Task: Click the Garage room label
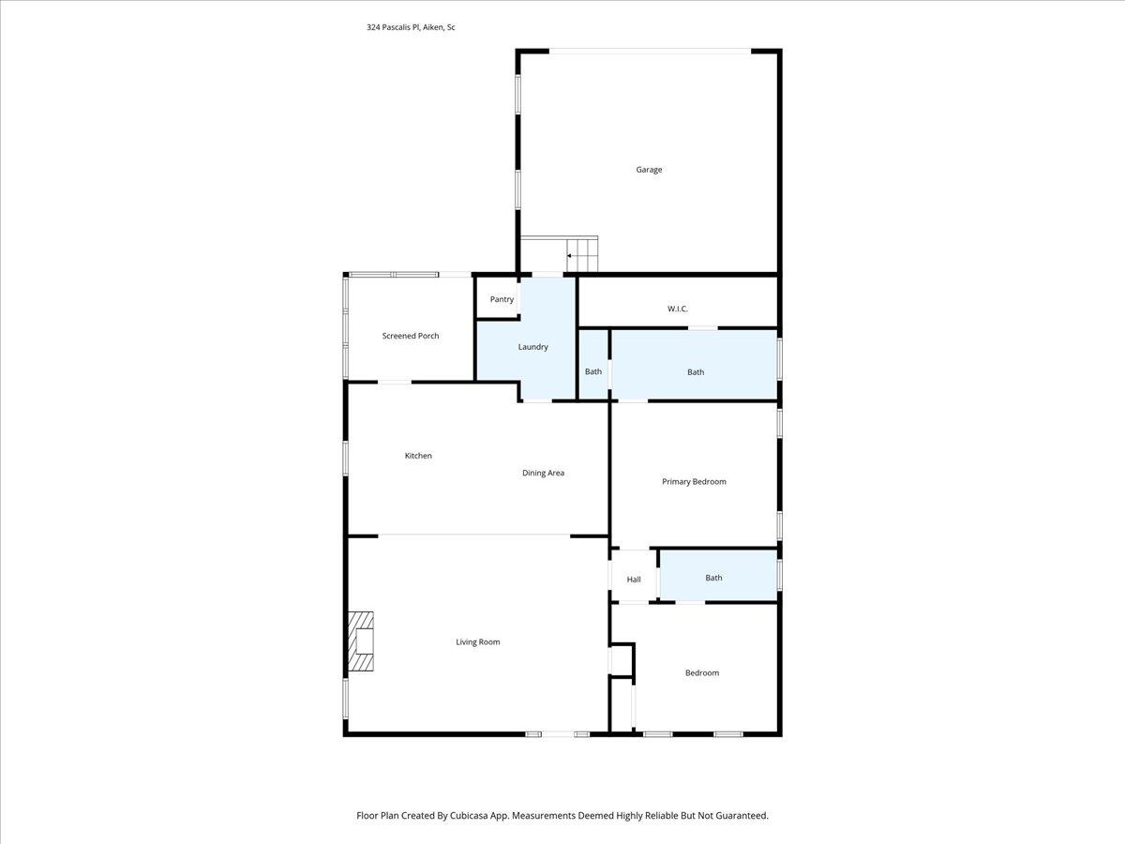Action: click(649, 170)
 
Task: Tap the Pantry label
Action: click(502, 299)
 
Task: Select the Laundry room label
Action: click(532, 347)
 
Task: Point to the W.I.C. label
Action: click(678, 309)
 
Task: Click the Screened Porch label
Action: click(410, 336)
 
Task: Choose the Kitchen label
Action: click(418, 456)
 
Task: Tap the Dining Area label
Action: click(543, 473)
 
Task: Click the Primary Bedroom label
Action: click(694, 481)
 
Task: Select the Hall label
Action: click(634, 580)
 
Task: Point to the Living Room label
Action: click(477, 642)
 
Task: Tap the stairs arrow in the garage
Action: click(569, 255)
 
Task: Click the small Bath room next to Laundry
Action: click(593, 371)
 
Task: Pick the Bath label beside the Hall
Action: click(713, 578)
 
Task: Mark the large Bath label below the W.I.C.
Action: click(695, 372)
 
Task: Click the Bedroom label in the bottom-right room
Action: click(701, 672)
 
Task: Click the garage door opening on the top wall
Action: click(649, 51)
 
